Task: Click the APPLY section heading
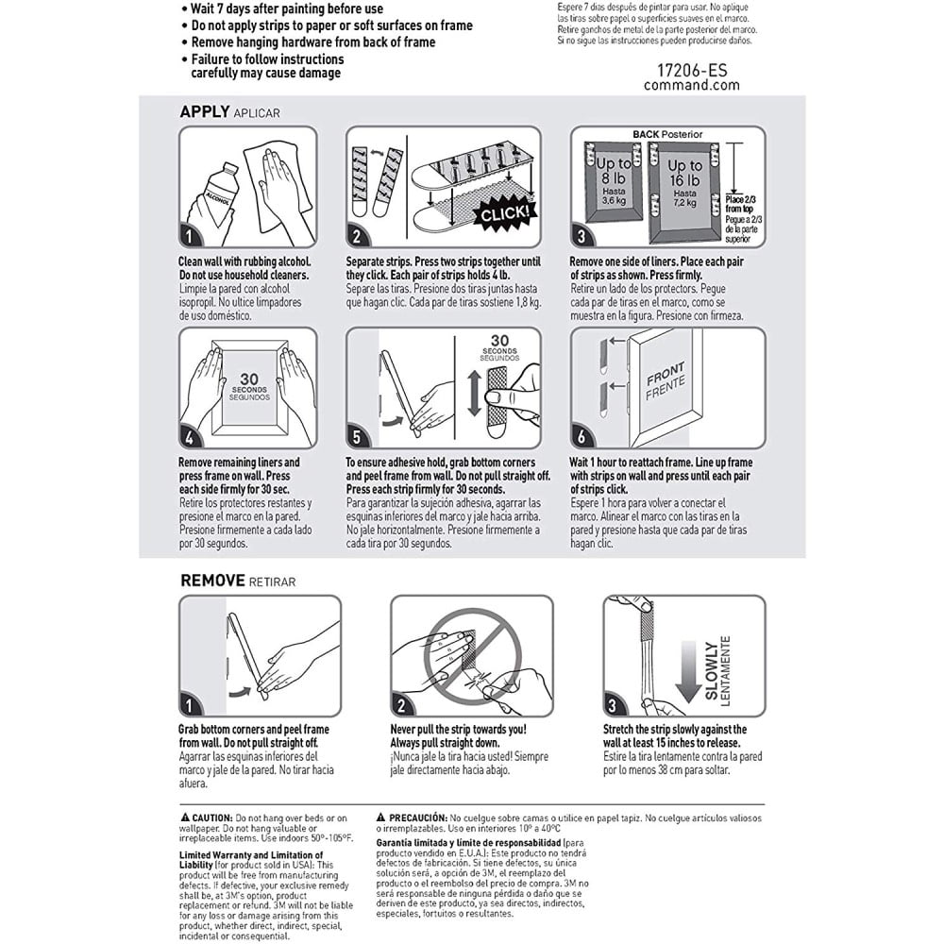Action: click(x=205, y=112)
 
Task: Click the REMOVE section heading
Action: click(x=212, y=581)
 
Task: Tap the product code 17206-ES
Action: click(x=692, y=71)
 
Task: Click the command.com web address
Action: click(x=692, y=86)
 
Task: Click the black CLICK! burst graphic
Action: click(x=504, y=213)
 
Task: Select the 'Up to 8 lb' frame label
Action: click(x=614, y=171)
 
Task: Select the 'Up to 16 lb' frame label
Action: click(x=684, y=173)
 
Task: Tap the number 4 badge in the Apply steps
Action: click(x=190, y=437)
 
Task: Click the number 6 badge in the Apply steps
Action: click(x=582, y=437)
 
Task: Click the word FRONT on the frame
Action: click(x=665, y=373)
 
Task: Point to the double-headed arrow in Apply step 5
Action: click(x=475, y=393)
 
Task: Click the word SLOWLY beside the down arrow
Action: click(x=712, y=670)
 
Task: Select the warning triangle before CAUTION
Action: click(x=185, y=818)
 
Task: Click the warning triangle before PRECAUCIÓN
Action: click(x=381, y=818)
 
